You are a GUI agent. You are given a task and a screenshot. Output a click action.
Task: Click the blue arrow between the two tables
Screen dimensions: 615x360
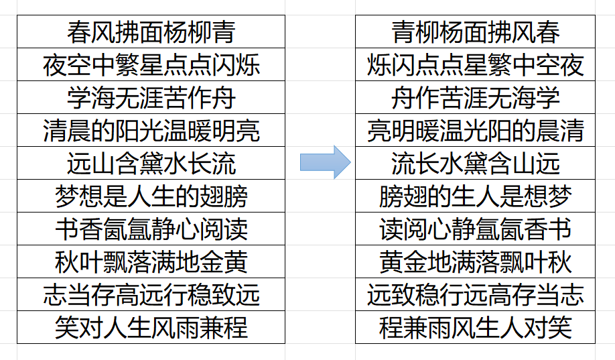325,162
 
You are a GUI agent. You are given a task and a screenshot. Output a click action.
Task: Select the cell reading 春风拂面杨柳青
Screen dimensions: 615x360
151,32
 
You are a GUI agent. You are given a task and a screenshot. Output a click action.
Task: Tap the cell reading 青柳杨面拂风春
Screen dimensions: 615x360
476,32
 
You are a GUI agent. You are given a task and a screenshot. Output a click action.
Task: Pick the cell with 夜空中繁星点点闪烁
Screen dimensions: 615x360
151,65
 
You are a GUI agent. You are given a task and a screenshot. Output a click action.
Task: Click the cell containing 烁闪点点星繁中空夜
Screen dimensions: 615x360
476,65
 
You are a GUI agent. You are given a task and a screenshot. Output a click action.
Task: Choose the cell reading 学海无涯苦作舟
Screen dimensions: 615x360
151,97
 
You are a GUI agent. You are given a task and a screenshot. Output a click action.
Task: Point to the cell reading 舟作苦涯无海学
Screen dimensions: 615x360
476,97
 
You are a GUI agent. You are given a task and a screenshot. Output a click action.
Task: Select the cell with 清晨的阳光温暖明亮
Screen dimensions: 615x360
151,130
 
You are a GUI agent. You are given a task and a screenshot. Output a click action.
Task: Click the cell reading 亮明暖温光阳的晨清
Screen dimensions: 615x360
476,130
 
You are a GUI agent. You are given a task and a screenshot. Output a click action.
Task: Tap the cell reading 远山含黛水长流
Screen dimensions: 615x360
151,164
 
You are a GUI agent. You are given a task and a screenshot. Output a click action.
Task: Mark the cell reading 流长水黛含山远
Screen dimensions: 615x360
476,164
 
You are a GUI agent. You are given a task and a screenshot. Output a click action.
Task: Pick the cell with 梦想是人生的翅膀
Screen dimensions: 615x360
151,196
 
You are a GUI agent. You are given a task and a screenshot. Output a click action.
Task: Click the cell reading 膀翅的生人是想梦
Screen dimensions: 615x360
476,196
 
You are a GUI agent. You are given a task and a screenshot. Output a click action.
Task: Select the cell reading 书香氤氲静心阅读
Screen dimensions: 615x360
151,229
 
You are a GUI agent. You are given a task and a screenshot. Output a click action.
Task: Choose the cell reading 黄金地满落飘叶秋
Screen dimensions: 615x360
476,262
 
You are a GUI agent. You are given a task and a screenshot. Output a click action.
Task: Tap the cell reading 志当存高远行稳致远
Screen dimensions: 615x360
151,294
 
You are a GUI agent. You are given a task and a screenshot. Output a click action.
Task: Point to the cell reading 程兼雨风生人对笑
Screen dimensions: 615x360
476,327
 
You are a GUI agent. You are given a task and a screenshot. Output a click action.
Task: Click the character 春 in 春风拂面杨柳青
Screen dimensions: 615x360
79,32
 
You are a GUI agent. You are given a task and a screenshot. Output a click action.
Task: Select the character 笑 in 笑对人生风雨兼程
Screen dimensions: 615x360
67,328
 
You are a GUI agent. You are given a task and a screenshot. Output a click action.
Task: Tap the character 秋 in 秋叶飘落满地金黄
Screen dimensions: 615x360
67,262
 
